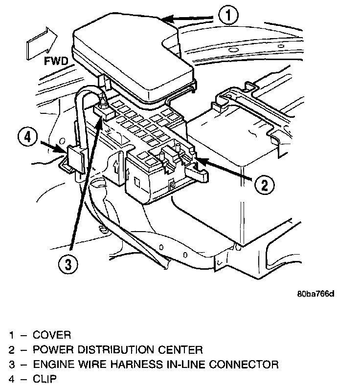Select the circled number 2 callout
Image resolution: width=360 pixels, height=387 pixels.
263,185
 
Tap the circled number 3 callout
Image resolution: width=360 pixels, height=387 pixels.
68,264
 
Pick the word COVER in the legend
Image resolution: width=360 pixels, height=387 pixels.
51,335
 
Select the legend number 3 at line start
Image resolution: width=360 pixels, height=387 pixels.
11,365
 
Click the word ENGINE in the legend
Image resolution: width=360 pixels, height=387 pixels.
50,365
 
